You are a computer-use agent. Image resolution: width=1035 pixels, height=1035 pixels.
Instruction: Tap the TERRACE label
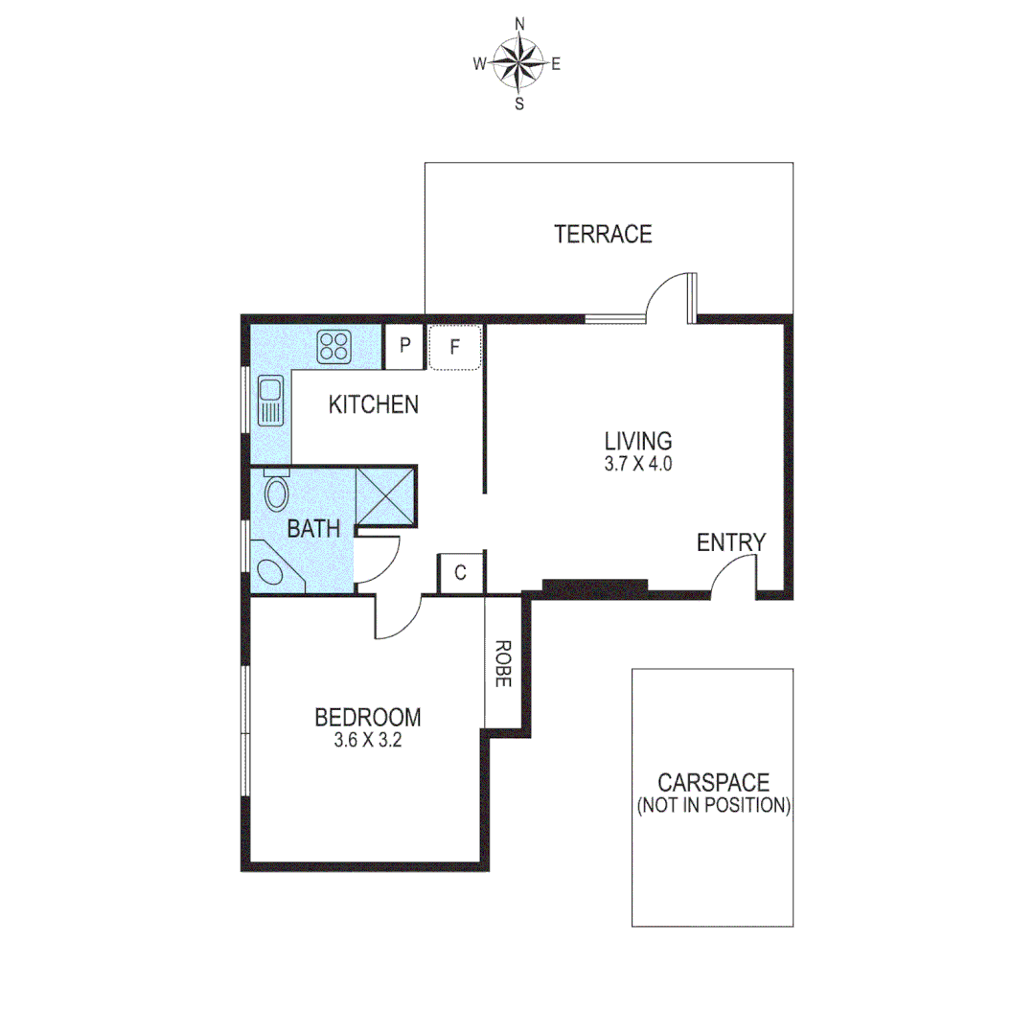603,234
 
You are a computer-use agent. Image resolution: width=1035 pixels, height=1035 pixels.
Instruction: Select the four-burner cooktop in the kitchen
334,346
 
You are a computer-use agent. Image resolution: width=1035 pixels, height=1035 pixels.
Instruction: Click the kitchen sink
269,402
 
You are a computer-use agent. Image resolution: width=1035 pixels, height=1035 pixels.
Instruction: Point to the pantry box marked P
404,347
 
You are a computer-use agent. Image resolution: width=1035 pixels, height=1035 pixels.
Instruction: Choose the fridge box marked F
455,348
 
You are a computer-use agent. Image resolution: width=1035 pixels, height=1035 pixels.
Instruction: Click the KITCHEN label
374,404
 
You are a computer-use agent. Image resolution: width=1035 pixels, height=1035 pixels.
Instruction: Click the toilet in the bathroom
276,493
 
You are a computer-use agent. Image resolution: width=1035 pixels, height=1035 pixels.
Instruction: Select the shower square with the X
385,498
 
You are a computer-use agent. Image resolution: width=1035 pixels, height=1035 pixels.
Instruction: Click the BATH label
313,528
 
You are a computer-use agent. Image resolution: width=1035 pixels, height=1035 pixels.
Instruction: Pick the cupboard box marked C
461,573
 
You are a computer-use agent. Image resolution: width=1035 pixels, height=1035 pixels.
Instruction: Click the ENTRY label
731,542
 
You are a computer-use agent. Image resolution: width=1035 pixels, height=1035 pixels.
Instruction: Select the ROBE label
503,663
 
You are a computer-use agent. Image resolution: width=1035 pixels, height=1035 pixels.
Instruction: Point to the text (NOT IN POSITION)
713,805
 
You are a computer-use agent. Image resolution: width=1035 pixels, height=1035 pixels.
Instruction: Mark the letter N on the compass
520,23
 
